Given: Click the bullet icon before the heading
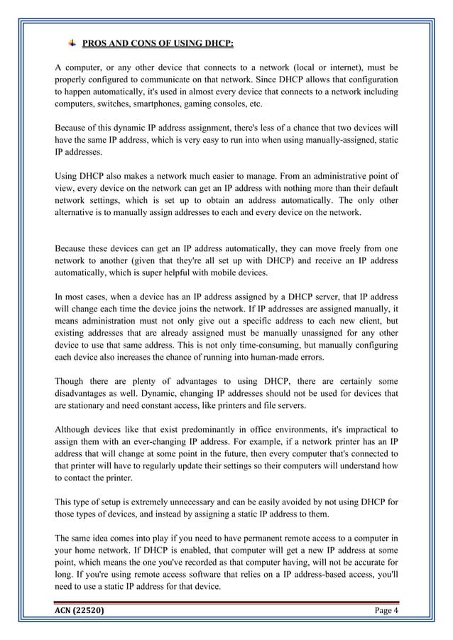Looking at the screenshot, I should [x=71, y=43].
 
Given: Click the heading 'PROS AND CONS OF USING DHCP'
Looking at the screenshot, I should [x=158, y=44].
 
